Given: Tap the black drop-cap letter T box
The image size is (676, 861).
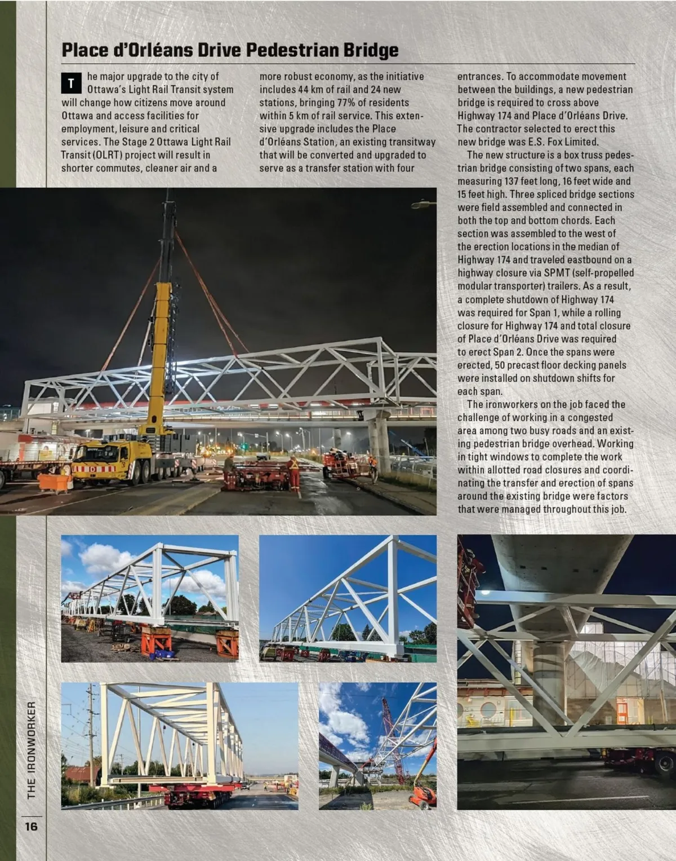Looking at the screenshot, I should click(71, 83).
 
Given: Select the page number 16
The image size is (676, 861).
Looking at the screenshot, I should click(30, 826).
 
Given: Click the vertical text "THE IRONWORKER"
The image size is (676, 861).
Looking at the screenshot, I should click(32, 749).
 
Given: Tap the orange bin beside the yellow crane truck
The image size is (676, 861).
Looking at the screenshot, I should click(55, 483).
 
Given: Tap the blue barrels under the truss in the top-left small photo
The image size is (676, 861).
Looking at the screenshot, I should click(164, 655).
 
